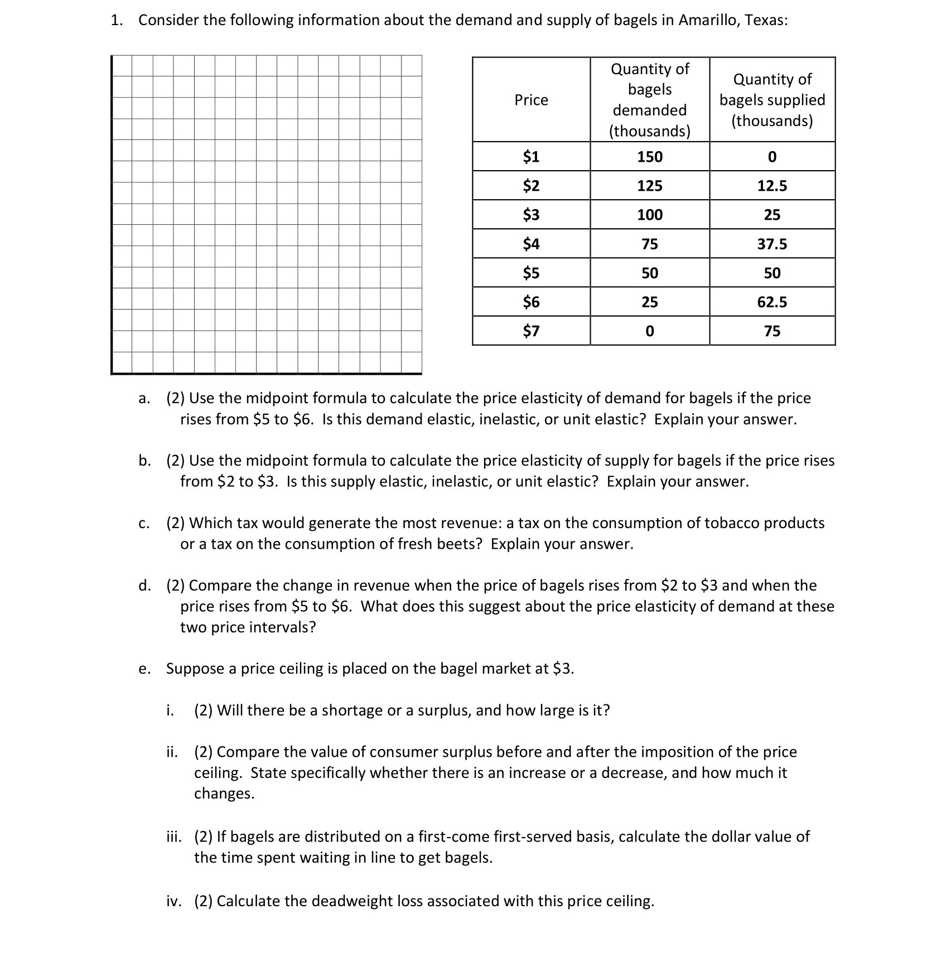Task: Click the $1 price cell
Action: point(531,157)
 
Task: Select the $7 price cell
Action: point(531,331)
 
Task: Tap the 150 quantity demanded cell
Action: point(650,157)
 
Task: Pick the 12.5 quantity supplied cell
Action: point(772,186)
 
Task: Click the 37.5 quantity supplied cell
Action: point(772,244)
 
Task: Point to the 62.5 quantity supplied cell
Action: point(772,302)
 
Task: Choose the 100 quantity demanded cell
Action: point(650,215)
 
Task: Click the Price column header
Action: point(531,100)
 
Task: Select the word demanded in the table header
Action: point(650,110)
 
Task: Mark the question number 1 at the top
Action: point(115,20)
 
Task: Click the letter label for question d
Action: point(144,586)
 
